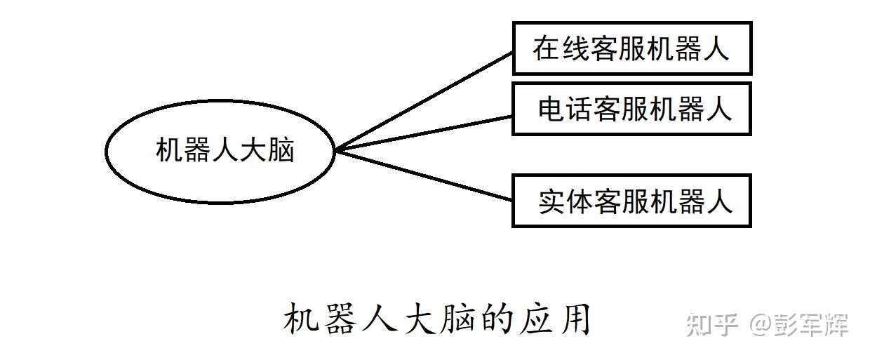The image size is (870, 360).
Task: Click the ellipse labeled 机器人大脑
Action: (x=220, y=101)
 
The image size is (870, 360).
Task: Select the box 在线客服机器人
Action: (x=632, y=23)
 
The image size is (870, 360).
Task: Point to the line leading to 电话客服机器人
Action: (x=424, y=133)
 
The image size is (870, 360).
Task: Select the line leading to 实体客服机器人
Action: (x=424, y=175)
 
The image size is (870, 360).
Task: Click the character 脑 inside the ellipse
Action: (x=281, y=150)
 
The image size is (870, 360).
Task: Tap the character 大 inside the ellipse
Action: (x=253, y=150)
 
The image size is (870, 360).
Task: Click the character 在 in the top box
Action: (x=547, y=48)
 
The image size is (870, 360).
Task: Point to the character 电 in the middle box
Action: (x=551, y=109)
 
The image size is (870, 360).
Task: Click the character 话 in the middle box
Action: (x=580, y=109)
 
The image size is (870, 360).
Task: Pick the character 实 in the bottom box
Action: (x=552, y=201)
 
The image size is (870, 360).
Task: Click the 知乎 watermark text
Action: (x=712, y=325)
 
